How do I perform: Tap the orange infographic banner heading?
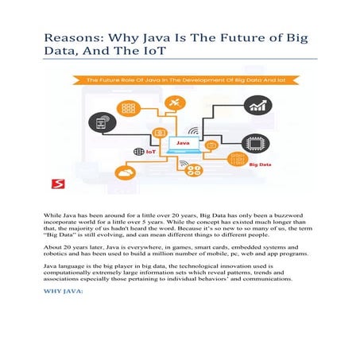coord(179,79)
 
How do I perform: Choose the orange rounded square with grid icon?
coord(126,106)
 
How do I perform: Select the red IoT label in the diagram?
coord(141,150)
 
